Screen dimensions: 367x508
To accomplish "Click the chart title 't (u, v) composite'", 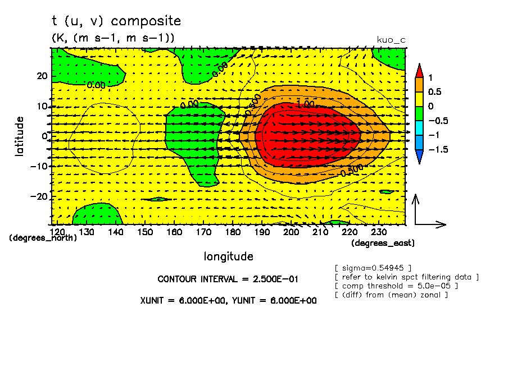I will click(116, 21).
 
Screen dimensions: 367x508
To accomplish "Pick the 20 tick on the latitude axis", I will click(41, 76).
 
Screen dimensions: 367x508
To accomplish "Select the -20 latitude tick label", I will click(37, 198).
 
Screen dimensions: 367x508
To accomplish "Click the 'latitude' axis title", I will click(20, 136).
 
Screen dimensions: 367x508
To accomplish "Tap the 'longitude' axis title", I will click(228, 256).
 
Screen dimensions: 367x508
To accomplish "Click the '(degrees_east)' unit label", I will click(383, 243).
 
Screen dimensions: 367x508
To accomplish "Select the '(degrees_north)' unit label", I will click(43, 238).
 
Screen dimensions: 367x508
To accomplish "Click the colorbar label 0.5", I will click(435, 91).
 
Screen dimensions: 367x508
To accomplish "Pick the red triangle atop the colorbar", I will click(419, 70).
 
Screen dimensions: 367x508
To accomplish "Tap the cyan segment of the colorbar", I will click(419, 135).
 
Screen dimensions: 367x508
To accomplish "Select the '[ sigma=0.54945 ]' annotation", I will click(373, 268).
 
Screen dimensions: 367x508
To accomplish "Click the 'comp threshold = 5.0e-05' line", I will click(396, 286).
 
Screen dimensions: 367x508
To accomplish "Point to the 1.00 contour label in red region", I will click(305, 105).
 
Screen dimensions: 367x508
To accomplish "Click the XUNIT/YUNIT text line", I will click(228, 300).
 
